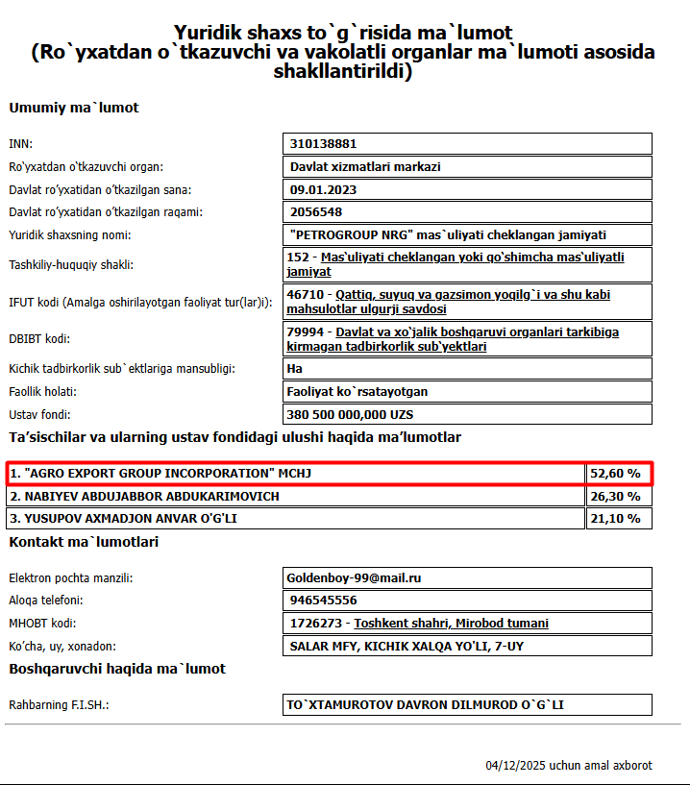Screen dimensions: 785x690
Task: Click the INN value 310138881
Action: coord(323,144)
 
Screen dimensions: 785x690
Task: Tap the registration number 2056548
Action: coord(316,212)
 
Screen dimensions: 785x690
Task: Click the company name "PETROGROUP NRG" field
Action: coord(448,234)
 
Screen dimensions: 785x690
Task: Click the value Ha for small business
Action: coord(296,368)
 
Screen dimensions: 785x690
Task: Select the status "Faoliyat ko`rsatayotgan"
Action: coord(357,392)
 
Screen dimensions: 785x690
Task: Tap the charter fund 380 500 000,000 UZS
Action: coord(350,415)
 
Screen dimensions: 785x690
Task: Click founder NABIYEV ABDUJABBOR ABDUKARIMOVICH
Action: coord(145,497)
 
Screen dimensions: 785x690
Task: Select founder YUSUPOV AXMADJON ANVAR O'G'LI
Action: coord(124,519)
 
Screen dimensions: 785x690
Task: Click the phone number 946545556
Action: coord(323,601)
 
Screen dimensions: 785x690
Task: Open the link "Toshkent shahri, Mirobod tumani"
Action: coord(452,624)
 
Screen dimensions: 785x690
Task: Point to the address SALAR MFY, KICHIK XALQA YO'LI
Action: coord(407,647)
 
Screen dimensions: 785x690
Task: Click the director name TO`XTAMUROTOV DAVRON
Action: coord(426,705)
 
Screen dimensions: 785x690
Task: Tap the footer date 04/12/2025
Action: coord(514,766)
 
